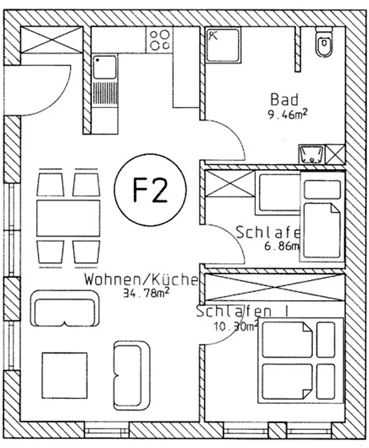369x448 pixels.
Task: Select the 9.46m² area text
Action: (289, 116)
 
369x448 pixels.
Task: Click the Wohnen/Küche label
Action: (141, 279)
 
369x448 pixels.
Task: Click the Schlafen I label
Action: (241, 311)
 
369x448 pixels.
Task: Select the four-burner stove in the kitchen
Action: (160, 39)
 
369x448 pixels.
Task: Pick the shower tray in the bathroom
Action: (223, 44)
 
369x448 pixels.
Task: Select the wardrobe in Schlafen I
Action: (274, 287)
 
